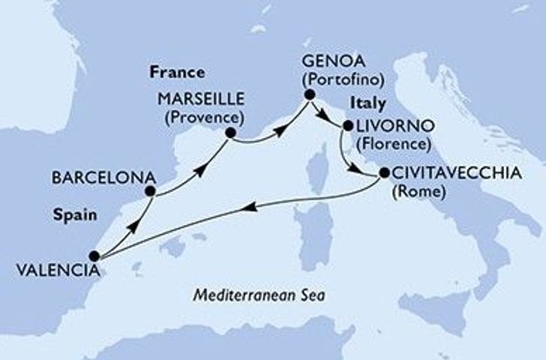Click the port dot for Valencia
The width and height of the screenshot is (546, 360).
click(x=94, y=256)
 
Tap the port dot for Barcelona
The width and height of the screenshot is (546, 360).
click(x=150, y=191)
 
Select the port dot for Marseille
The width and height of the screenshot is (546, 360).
click(x=230, y=133)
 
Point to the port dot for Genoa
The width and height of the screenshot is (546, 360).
click(x=308, y=95)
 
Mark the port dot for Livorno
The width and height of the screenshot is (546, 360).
click(x=346, y=126)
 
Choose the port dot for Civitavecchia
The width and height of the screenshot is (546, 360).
click(x=383, y=173)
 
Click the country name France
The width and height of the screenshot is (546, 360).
click(x=177, y=73)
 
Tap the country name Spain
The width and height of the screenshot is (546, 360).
click(x=77, y=214)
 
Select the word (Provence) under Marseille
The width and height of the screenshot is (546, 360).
click(x=207, y=118)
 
